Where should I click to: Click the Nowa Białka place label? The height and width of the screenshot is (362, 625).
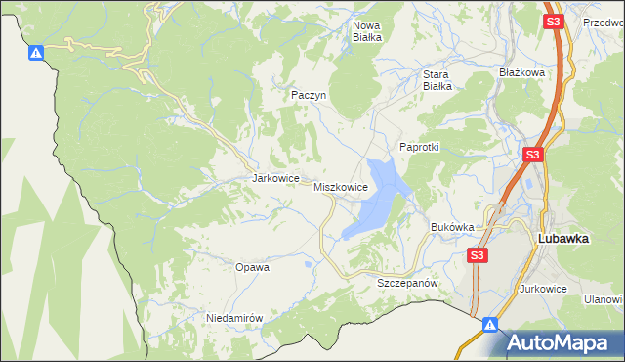tap(365, 31)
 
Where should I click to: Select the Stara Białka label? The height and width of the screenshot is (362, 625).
tap(437, 79)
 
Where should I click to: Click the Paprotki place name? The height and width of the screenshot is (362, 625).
tap(420, 147)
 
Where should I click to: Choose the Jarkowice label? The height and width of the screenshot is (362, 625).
tap(273, 179)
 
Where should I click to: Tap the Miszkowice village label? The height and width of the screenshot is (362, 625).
tap(341, 186)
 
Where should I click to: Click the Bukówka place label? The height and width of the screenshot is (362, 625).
tap(452, 227)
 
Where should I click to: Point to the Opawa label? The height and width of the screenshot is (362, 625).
tap(252, 266)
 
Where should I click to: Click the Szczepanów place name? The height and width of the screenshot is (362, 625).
tap(404, 282)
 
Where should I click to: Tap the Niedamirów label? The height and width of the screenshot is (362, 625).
tap(234, 318)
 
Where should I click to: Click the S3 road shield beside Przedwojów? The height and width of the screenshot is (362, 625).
tap(553, 21)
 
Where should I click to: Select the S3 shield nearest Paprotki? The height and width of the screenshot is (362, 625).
tap(532, 155)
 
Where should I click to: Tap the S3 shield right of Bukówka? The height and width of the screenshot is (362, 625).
tap(476, 255)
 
